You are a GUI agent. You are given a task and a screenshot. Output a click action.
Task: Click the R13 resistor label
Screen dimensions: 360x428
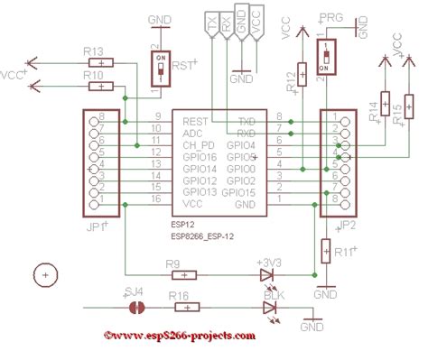pyautogui.click(x=93, y=51)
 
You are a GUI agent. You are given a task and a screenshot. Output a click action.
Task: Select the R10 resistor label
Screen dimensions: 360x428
pyautogui.click(x=93, y=75)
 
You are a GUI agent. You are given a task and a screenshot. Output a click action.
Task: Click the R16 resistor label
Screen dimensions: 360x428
pyautogui.click(x=178, y=295)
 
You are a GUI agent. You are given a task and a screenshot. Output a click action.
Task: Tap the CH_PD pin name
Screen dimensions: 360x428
pyautogui.click(x=199, y=144)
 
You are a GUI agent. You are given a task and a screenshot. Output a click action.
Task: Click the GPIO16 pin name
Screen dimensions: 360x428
pyautogui.click(x=200, y=156)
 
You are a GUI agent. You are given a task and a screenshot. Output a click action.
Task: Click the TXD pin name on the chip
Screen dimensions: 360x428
pyautogui.click(x=246, y=120)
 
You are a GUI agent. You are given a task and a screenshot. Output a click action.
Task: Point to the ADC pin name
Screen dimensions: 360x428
pyautogui.click(x=192, y=132)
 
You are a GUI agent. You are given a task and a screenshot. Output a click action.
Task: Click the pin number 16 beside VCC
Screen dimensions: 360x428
pyautogui.click(x=156, y=198)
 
